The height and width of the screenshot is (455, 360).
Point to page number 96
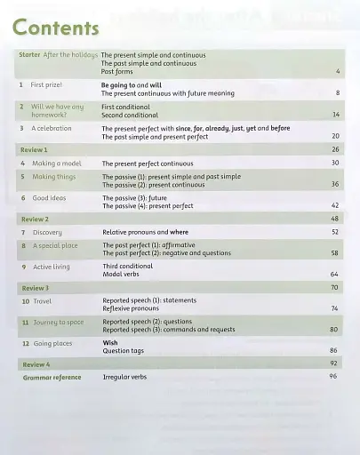click(334, 376)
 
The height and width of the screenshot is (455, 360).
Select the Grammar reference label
click(52, 377)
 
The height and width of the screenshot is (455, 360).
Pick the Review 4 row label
click(36, 364)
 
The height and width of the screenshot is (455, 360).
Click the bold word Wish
click(110, 343)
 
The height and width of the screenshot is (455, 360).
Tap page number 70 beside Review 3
click(334, 288)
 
